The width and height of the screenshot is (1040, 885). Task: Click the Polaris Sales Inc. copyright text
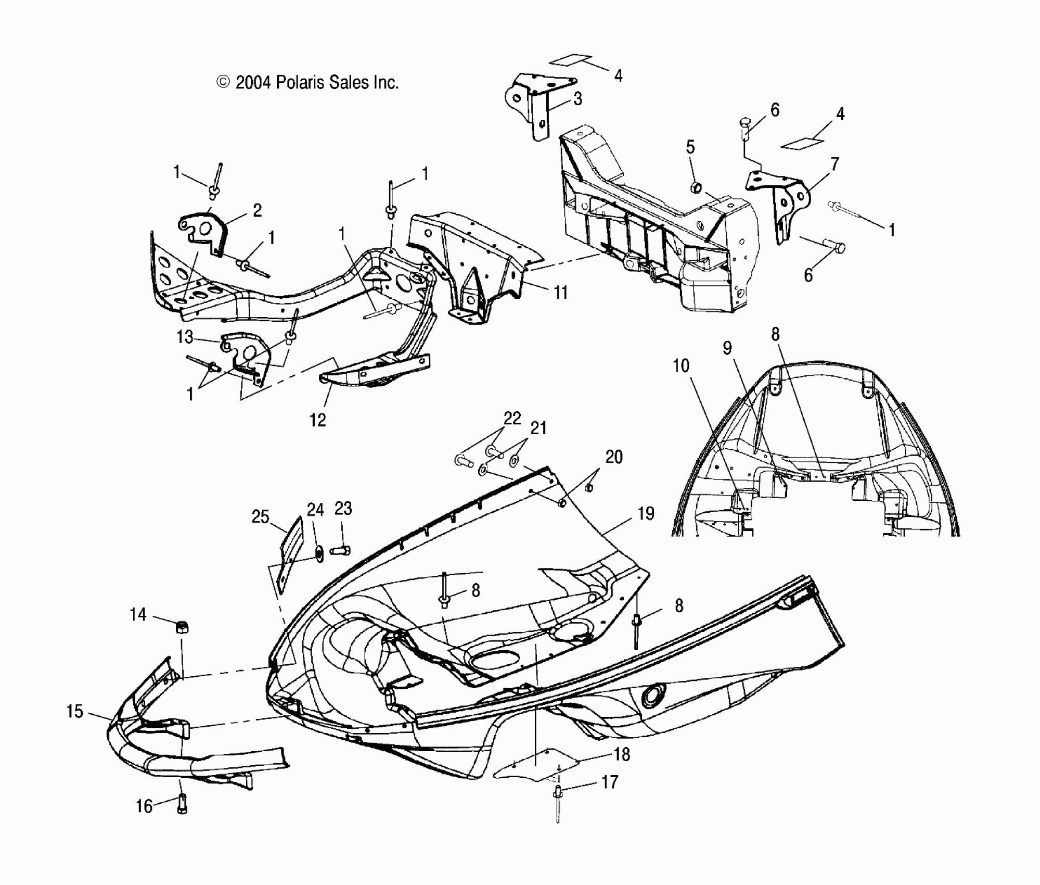[x=307, y=83]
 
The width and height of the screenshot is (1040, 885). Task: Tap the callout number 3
[x=577, y=99]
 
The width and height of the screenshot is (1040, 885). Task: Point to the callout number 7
[x=834, y=165]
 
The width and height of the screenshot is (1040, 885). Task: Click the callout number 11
[x=560, y=293]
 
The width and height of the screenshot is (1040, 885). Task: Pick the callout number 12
[x=318, y=420]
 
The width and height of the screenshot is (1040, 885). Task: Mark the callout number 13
[x=185, y=337]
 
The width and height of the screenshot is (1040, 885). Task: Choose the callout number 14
[x=138, y=615]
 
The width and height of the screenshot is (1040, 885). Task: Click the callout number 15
[x=75, y=712]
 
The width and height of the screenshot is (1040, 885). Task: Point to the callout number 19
[x=646, y=514]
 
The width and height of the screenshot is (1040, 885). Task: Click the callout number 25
[x=261, y=517]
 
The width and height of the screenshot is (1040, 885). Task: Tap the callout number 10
[x=681, y=366]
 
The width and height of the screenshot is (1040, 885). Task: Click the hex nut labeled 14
[x=183, y=627]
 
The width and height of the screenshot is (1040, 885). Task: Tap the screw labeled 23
[x=341, y=550]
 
